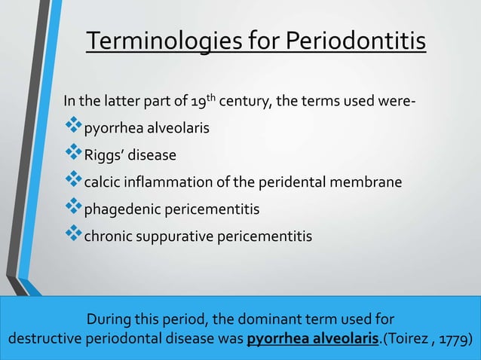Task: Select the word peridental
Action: pyautogui.click(x=253, y=183)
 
